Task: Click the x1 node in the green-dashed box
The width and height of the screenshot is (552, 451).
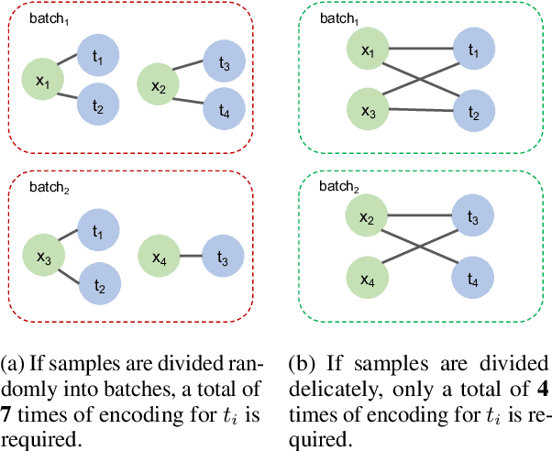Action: click(369, 53)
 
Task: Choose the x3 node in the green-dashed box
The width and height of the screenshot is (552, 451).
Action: click(369, 111)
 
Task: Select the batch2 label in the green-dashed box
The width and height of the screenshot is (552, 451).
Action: click(338, 187)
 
